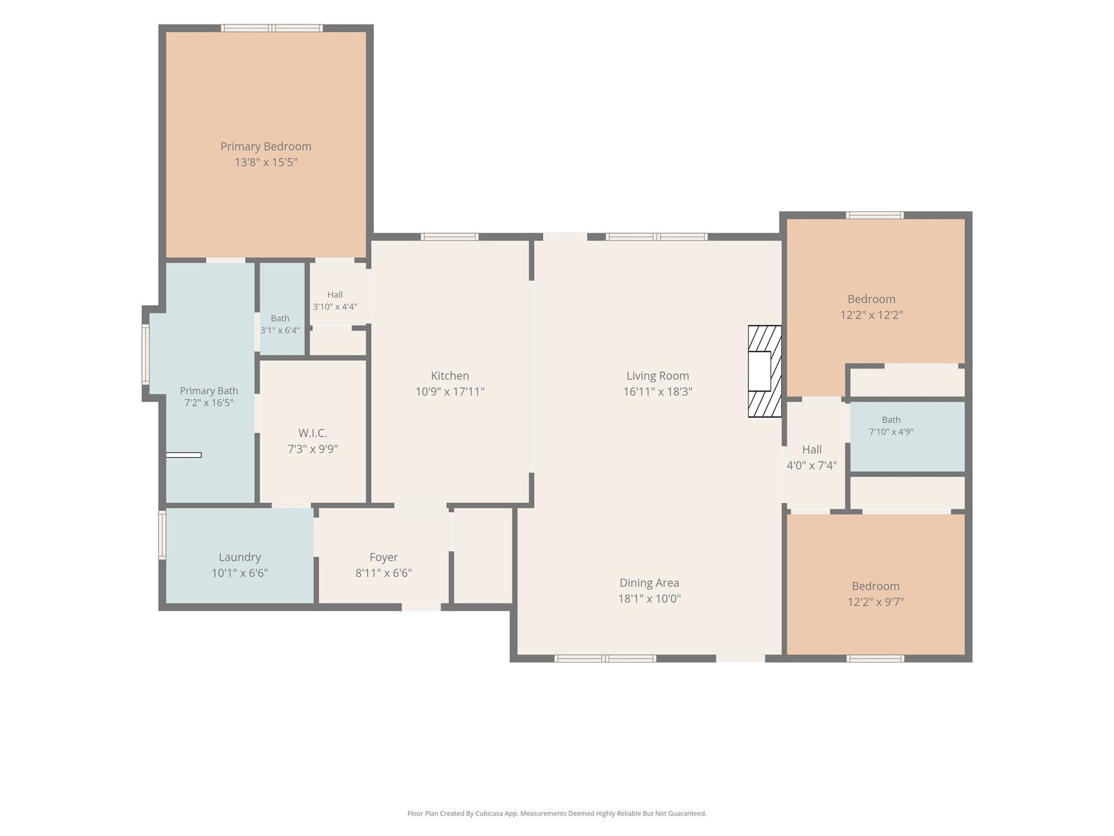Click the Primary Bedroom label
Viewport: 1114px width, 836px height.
click(x=265, y=146)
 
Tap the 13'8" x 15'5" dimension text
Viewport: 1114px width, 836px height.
click(x=265, y=162)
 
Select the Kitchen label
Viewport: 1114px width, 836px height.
click(x=450, y=376)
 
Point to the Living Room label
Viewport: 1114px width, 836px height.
click(x=657, y=376)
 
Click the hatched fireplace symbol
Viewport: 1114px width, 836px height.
click(x=764, y=371)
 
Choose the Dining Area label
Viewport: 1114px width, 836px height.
click(x=649, y=582)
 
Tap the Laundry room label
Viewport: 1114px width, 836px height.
click(x=240, y=557)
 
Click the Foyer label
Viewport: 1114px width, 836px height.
click(x=383, y=557)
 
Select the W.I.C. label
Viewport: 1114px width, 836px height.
click(x=312, y=433)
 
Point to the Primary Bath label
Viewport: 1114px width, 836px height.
click(x=209, y=391)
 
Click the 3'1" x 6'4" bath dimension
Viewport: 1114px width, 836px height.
click(x=280, y=330)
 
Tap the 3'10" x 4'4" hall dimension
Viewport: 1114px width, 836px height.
click(x=334, y=307)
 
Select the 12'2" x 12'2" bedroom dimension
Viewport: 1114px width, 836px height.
click(x=871, y=315)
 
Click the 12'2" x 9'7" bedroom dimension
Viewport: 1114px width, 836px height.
click(x=875, y=601)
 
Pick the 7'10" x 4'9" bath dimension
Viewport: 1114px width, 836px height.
click(x=891, y=432)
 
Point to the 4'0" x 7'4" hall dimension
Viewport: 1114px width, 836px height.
click(x=811, y=465)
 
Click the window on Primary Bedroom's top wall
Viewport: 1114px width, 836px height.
click(x=272, y=28)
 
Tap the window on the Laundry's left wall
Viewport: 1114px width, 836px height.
click(x=162, y=535)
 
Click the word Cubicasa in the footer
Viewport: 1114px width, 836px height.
click(x=489, y=814)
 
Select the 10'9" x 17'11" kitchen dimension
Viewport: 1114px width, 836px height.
click(x=450, y=392)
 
